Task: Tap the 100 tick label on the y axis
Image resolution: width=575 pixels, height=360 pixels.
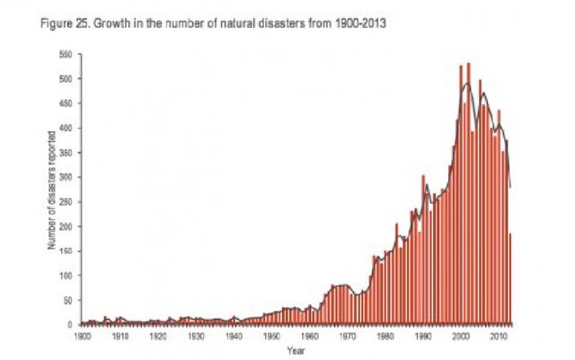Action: click(67, 276)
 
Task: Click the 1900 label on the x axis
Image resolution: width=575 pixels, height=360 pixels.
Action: click(82, 334)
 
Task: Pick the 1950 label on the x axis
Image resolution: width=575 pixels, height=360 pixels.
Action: click(271, 334)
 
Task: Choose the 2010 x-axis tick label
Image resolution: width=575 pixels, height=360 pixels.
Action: click(499, 334)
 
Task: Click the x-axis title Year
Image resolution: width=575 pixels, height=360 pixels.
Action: click(296, 348)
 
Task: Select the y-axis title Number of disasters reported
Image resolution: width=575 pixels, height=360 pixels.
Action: click(52, 189)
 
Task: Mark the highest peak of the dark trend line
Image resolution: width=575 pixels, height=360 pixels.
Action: click(465, 83)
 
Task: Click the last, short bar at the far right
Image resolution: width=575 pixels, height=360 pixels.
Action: click(509, 278)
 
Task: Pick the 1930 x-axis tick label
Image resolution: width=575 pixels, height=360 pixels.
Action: click(196, 334)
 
